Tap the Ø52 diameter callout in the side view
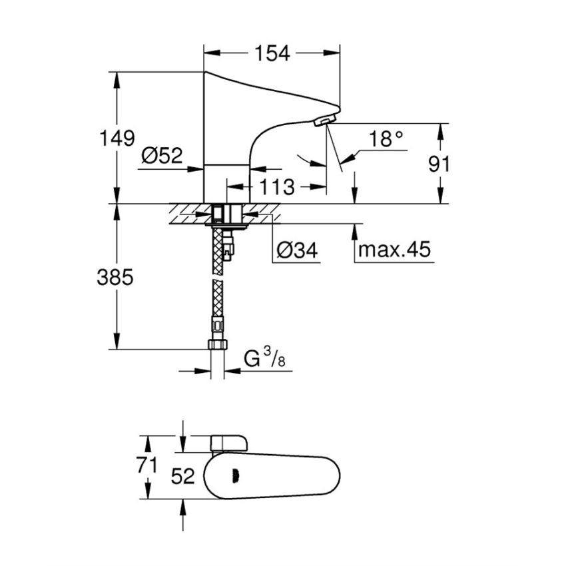pyautogui.click(x=161, y=156)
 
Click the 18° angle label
pyautogui.click(x=386, y=139)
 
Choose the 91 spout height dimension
pyautogui.click(x=439, y=164)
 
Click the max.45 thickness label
pyautogui.click(x=395, y=250)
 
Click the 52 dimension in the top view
pyautogui.click(x=182, y=476)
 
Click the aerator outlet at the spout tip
pyautogui.click(x=322, y=121)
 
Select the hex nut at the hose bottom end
pyautogui.click(x=218, y=345)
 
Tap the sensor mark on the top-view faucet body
pyautogui.click(x=234, y=476)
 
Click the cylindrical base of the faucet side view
pyautogui.click(x=226, y=183)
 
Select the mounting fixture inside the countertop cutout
pyautogui.click(x=226, y=214)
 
